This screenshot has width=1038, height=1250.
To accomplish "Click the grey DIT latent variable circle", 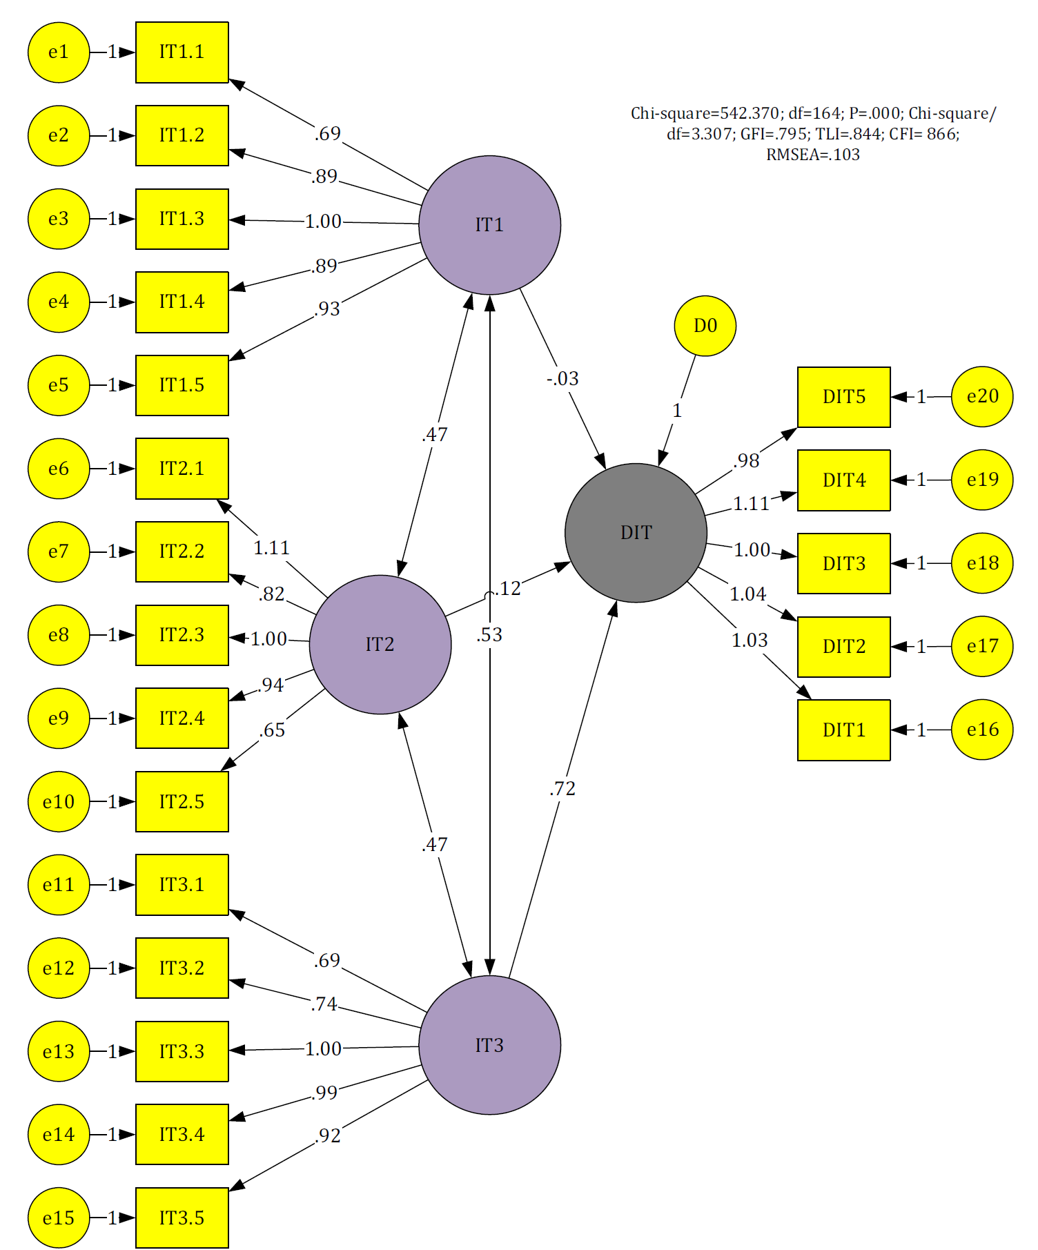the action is [x=636, y=533].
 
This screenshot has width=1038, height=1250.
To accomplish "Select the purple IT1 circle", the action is [x=489, y=225].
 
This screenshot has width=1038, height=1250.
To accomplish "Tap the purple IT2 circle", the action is [x=380, y=645].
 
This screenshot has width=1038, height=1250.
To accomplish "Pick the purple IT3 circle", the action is [x=489, y=1045].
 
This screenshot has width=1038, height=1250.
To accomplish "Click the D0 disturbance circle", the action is [x=705, y=326].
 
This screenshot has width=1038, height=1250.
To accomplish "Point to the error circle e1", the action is [x=59, y=52].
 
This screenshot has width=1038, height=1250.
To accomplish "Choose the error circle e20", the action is [x=982, y=397].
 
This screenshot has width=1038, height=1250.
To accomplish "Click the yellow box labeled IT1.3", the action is [x=182, y=219].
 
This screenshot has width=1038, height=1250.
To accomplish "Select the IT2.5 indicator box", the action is [x=182, y=801].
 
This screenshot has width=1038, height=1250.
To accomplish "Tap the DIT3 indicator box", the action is [x=844, y=563].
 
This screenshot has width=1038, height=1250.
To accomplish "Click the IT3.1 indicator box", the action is [x=182, y=885].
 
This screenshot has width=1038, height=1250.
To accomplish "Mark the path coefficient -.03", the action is [x=562, y=379].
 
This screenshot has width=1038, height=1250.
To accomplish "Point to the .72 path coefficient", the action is [x=562, y=788].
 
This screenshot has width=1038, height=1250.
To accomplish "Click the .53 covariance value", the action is [x=489, y=635].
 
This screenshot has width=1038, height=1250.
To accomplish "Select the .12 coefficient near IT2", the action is [x=508, y=589].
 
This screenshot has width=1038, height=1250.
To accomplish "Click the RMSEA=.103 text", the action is [x=813, y=155].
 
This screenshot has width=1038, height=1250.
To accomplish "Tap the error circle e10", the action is [x=59, y=801].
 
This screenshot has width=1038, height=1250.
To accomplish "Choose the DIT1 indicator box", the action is [x=844, y=730].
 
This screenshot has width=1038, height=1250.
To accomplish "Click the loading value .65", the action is [x=272, y=730].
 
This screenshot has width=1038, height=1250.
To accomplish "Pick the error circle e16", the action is [x=982, y=730].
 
